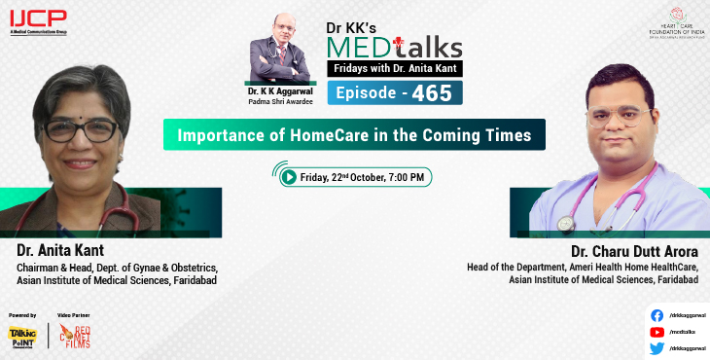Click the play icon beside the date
289,177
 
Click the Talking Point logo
21,337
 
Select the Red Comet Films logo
75,337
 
